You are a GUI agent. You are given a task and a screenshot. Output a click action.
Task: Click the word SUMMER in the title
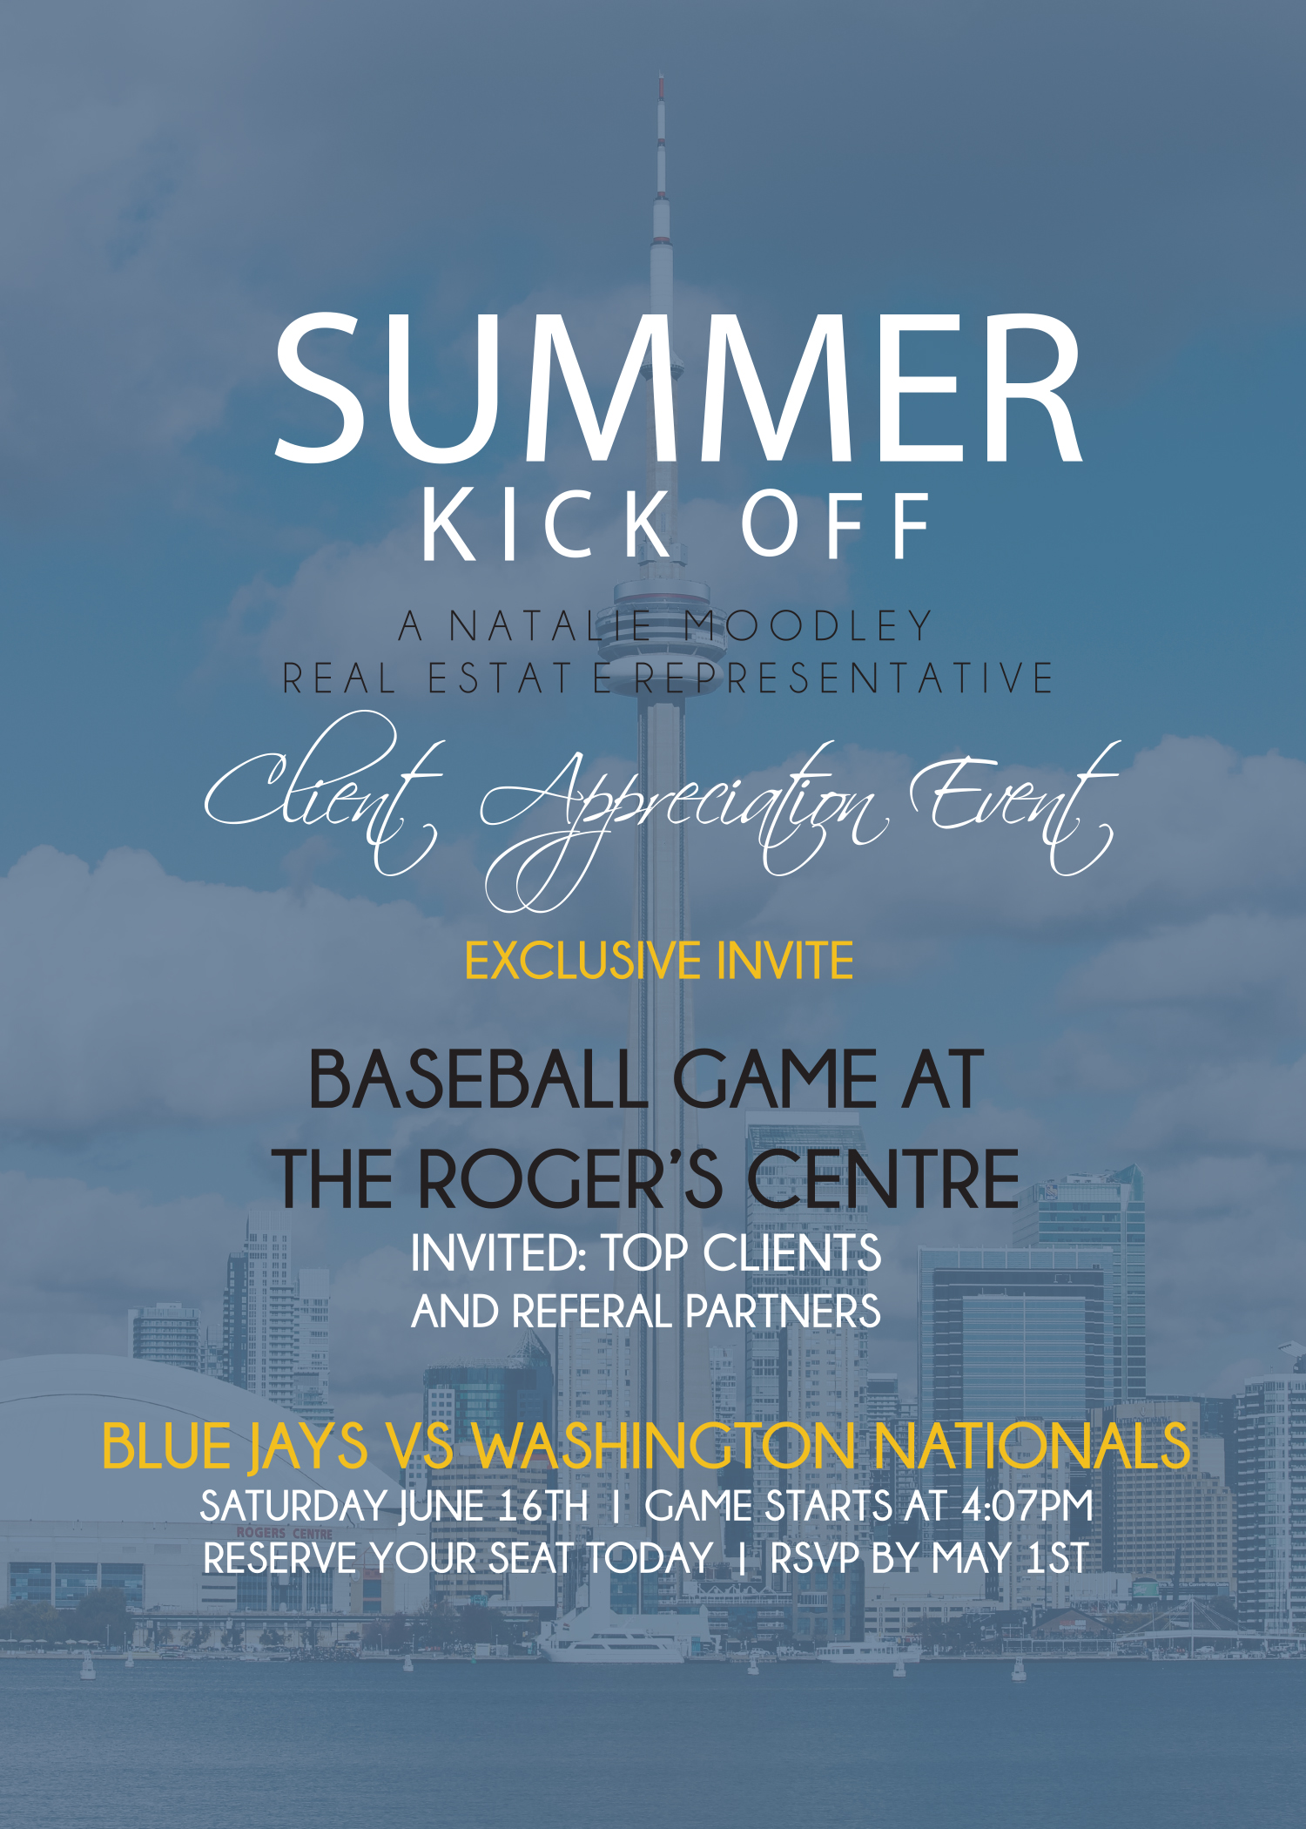[678, 388]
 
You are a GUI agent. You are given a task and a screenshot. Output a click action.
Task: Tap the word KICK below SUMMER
[548, 524]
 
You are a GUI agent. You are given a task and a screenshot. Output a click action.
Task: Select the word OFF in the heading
[836, 524]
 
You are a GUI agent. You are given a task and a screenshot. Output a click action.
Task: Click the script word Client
[322, 793]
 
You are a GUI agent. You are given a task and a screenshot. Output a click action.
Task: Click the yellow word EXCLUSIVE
[582, 961]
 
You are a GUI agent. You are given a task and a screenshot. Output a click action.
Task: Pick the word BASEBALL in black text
[478, 1080]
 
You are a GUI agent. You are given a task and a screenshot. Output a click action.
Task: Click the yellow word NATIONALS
[1033, 1447]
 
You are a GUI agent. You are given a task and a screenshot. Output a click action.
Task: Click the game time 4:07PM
[1027, 1506]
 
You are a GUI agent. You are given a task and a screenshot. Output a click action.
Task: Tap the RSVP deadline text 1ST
[1057, 1557]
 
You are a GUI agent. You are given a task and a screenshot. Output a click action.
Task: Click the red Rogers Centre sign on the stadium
[284, 1533]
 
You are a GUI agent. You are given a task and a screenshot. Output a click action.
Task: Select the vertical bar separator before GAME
[616, 1507]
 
